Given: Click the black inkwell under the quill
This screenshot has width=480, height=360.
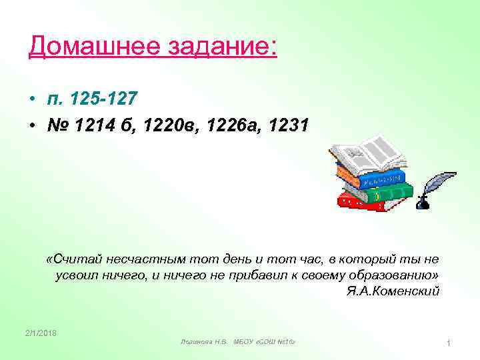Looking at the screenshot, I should pos(423,201).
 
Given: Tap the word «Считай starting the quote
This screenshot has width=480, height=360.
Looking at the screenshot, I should pos(75,259).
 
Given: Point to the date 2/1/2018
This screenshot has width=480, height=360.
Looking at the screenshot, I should pos(41,333).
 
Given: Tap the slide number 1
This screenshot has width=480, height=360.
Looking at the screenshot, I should pos(449,343).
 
